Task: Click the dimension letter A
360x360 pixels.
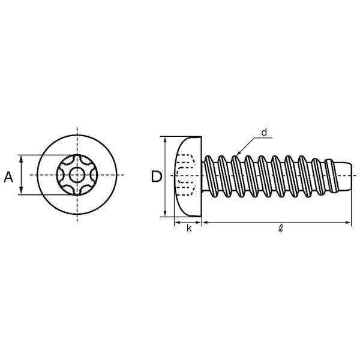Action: [8, 177]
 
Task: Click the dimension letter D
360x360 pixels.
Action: [157, 177]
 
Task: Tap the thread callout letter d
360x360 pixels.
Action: [264, 133]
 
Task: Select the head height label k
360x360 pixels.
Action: [189, 229]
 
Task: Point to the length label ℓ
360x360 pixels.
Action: [280, 229]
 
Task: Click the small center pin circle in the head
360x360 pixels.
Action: [77, 175]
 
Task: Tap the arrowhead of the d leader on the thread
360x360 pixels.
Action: [238, 153]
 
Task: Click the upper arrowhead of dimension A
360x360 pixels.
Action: [21, 158]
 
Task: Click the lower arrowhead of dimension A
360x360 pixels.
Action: [21, 191]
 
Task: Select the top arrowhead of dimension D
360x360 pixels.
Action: [165, 140]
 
